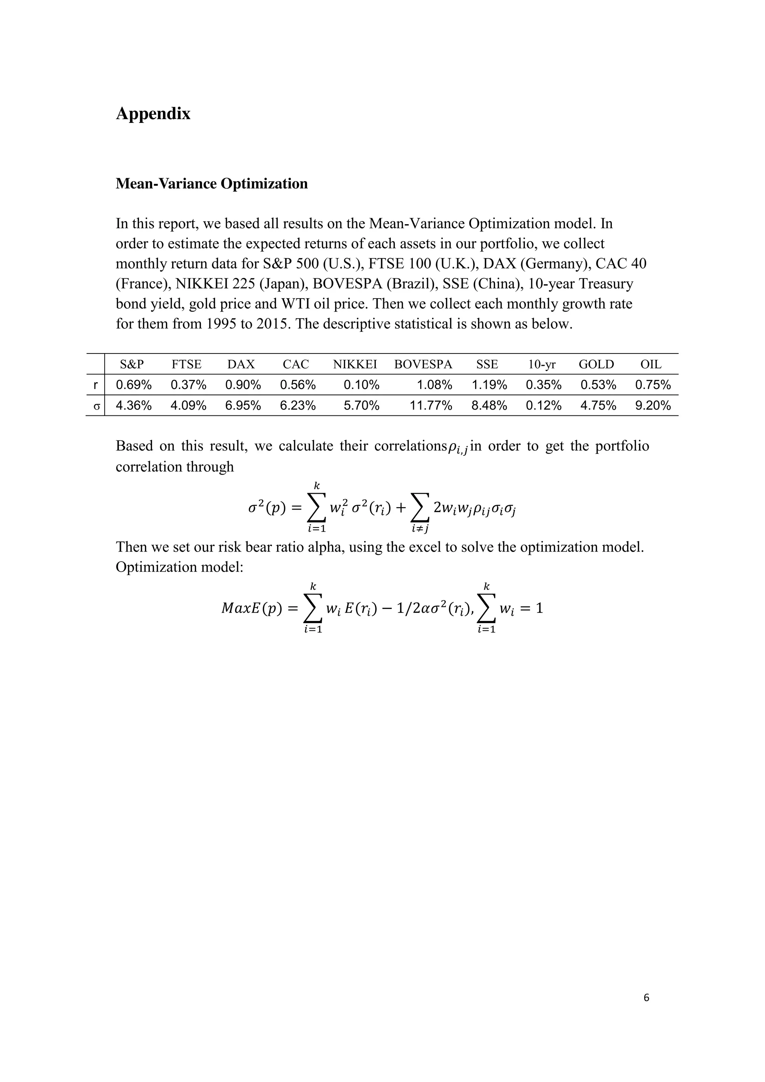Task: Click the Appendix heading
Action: pyautogui.click(x=153, y=114)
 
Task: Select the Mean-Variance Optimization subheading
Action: pyautogui.click(x=211, y=183)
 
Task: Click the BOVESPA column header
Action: pyautogui.click(x=422, y=364)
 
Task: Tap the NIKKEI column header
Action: pyautogui.click(x=355, y=364)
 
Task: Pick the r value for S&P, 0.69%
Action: pyautogui.click(x=133, y=385)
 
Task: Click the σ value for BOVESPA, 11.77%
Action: pyautogui.click(x=431, y=405)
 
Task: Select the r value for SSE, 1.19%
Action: pyautogui.click(x=489, y=385)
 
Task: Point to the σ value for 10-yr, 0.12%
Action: pyautogui.click(x=543, y=405)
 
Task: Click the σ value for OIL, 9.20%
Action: pyautogui.click(x=653, y=405)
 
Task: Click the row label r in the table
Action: pyautogui.click(x=96, y=385)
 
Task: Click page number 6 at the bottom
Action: pyautogui.click(x=646, y=997)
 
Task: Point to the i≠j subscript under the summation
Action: pyautogui.click(x=420, y=529)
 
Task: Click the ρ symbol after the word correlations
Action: pyautogui.click(x=453, y=447)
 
